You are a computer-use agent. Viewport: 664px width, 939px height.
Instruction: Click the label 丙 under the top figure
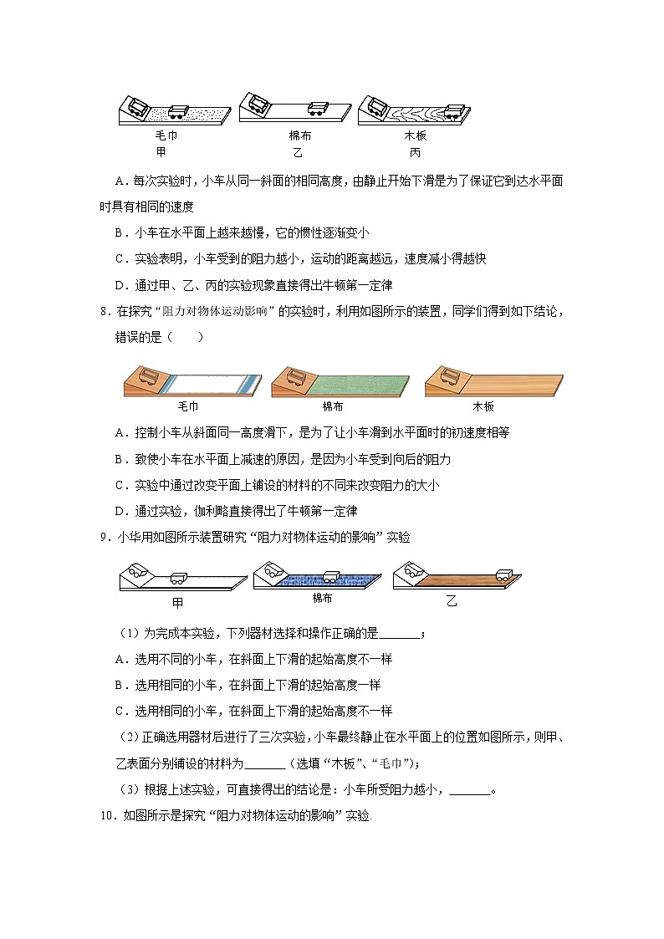pyautogui.click(x=415, y=152)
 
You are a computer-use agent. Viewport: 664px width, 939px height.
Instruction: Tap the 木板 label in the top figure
pyautogui.click(x=415, y=135)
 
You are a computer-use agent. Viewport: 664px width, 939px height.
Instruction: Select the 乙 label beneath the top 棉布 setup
pyautogui.click(x=298, y=152)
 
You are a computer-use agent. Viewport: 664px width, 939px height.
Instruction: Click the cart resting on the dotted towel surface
pyautogui.click(x=179, y=112)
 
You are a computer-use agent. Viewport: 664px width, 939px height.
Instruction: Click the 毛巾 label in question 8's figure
pyautogui.click(x=188, y=406)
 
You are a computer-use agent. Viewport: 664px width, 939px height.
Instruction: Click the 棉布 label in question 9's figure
pyautogui.click(x=322, y=598)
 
